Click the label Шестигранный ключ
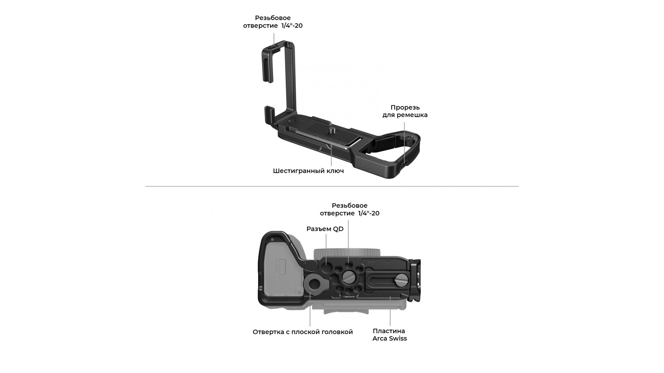pyautogui.click(x=308, y=171)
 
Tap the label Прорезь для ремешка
pyautogui.click(x=405, y=111)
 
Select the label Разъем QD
pyautogui.click(x=325, y=229)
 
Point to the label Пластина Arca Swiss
pyautogui.click(x=389, y=335)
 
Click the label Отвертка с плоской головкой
pyautogui.click(x=303, y=332)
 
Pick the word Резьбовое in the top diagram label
pyautogui.click(x=273, y=18)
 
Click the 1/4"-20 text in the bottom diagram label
pyautogui.click(x=369, y=213)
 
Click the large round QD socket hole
pyautogui.click(x=326, y=268)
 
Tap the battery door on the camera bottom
pyautogui.click(x=283, y=269)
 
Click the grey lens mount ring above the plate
pyautogui.click(x=346, y=253)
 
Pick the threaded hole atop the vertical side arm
pyautogui.click(x=274, y=44)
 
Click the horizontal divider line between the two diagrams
pyautogui.click(x=332, y=186)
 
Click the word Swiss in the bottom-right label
pyautogui.click(x=398, y=338)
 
